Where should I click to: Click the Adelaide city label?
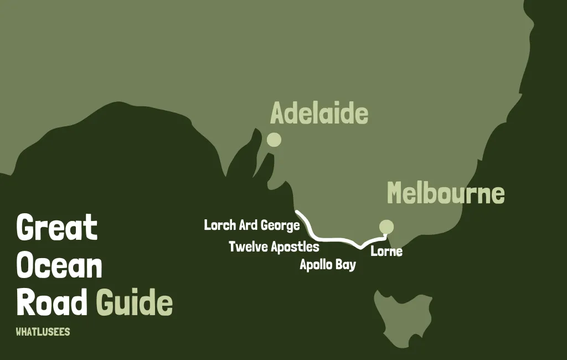pos(319,114)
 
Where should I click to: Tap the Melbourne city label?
pos(446,193)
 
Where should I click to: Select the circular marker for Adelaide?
pos(274,140)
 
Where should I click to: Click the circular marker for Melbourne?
pos(386,227)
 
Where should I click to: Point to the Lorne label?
pos(386,251)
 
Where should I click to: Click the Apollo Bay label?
pos(328,265)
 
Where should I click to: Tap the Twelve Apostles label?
pos(274,246)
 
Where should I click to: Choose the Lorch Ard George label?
pos(252,225)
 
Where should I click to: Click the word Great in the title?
pos(56,227)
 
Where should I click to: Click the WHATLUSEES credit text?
pos(43,332)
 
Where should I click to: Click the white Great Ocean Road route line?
pos(332,239)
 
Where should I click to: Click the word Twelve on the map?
pos(247,246)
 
